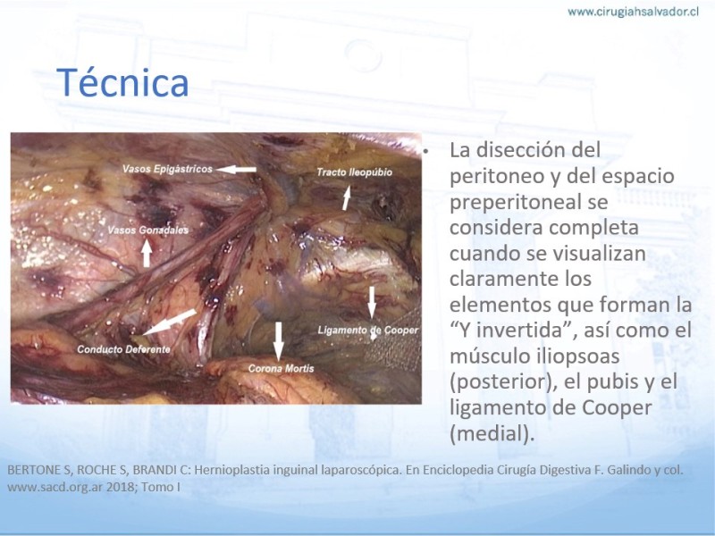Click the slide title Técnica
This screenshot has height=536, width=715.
click(x=122, y=82)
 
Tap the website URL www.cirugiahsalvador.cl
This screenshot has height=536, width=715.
click(x=633, y=12)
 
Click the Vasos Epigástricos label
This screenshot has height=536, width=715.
click(x=167, y=169)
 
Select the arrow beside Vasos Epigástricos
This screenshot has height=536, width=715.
click(x=236, y=170)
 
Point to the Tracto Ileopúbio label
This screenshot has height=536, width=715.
click(x=354, y=172)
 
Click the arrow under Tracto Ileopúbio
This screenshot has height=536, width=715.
click(x=347, y=197)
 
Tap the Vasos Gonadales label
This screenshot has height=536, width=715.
click(x=147, y=230)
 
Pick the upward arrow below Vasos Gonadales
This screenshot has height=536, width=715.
click(x=147, y=254)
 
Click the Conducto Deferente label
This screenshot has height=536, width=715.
click(x=123, y=349)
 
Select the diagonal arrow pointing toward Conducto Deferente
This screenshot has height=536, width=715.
click(x=170, y=322)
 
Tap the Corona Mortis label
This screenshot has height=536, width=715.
click(x=281, y=368)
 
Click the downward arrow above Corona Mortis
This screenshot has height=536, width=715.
click(x=278, y=341)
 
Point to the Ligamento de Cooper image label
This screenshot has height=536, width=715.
click(x=367, y=330)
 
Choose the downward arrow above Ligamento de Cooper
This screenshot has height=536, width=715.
click(x=372, y=302)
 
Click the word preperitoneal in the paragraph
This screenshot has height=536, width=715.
click(x=529, y=203)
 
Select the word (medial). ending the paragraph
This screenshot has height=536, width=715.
click(x=492, y=433)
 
